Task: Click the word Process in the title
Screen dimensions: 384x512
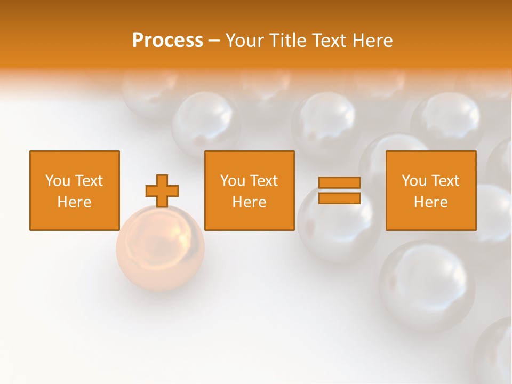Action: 167,41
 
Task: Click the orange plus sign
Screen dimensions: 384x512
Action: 162,191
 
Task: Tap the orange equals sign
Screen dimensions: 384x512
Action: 339,190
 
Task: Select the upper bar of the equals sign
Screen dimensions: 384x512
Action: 339,183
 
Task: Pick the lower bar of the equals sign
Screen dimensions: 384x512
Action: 339,198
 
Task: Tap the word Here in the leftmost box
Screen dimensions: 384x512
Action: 74,202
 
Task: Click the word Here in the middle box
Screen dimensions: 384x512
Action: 249,202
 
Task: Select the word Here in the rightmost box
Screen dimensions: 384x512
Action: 430,202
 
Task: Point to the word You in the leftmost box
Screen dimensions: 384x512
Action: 58,181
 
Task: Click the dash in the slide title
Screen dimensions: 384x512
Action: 214,41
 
